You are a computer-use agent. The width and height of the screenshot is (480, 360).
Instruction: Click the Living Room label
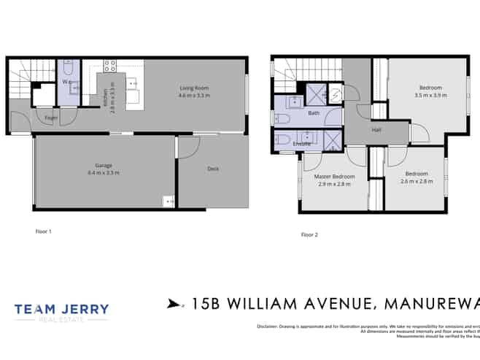tap(195, 88)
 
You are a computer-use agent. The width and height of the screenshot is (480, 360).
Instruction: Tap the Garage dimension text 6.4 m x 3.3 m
tap(104, 172)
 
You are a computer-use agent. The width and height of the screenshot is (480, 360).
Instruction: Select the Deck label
tap(213, 169)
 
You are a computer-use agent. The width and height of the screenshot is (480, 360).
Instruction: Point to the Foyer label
tap(51, 117)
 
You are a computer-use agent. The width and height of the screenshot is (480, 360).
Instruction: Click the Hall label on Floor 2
tap(376, 129)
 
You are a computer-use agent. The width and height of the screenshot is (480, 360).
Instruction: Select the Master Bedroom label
tap(334, 177)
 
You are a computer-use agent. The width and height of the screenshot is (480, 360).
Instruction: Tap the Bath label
tap(314, 113)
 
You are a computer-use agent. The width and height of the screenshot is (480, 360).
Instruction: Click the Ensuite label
tap(302, 145)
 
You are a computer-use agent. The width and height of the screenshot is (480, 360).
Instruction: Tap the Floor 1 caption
tap(44, 231)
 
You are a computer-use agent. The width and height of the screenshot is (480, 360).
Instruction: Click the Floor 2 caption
tap(309, 234)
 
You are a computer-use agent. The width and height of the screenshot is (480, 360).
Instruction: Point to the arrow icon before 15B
tap(173, 303)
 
